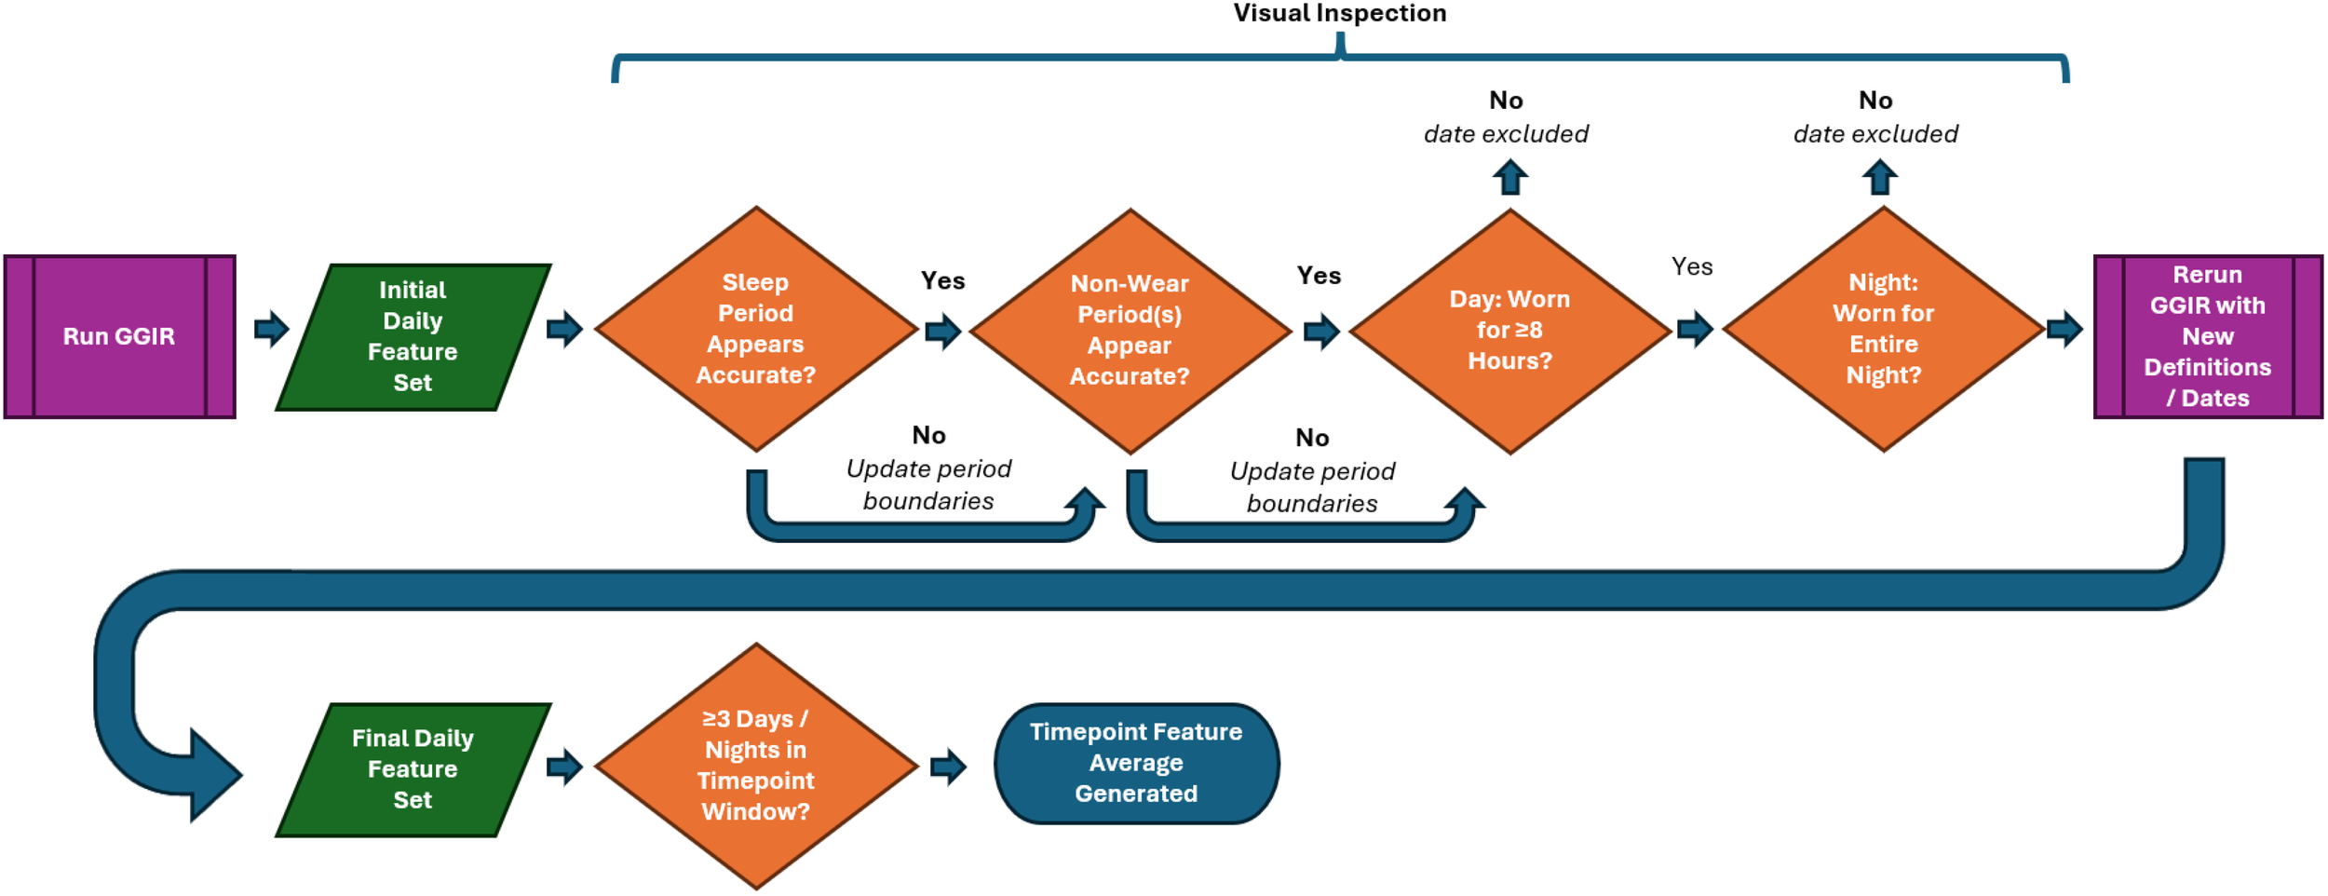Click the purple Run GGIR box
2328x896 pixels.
(119, 336)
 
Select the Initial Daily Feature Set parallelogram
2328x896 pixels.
(413, 336)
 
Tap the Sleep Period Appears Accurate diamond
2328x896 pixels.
(755, 329)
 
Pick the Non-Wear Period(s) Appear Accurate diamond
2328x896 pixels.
(1130, 331)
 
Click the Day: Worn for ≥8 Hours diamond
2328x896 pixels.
(1509, 331)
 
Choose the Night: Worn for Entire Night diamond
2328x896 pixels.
(1883, 329)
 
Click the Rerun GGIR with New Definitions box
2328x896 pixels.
(2207, 336)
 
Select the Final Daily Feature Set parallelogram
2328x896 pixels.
(413, 769)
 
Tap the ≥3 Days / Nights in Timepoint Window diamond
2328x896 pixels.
(755, 766)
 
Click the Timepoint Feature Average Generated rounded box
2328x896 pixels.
(1136, 763)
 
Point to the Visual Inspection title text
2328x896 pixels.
(1339, 13)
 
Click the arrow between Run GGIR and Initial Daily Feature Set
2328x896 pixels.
(271, 328)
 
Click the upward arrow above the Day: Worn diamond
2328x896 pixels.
(1510, 177)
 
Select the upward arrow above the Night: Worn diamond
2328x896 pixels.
(1879, 177)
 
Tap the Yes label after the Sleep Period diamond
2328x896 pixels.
(942, 280)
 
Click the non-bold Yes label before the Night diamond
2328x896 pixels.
(1691, 266)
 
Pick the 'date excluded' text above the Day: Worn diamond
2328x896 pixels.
(1506, 134)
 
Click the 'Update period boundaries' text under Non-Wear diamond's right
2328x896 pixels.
(1311, 487)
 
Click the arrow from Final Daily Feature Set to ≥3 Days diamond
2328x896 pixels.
(563, 766)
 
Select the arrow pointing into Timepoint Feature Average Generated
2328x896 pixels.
(948, 766)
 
